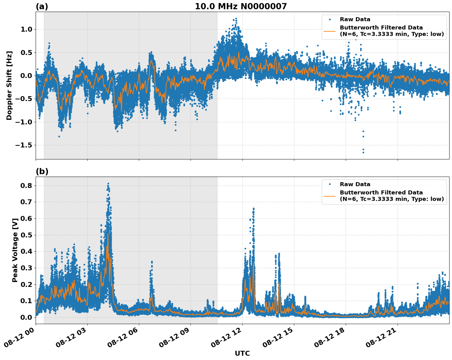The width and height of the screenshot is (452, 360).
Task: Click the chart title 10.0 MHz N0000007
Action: coord(241,6)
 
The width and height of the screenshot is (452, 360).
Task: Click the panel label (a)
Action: coord(42,6)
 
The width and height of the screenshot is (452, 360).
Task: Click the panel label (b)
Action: coord(42,171)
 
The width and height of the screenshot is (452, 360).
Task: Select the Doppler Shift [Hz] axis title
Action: coord(9,85)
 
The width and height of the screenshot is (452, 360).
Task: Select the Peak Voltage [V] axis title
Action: coord(15,250)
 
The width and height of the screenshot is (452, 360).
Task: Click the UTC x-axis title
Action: coord(242,353)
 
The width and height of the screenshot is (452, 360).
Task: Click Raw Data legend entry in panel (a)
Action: coord(355,19)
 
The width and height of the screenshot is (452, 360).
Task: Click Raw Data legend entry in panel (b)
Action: coord(355,184)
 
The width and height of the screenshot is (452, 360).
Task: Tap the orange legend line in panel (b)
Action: coord(330,196)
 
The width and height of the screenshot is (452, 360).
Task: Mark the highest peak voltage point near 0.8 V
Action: coord(108,184)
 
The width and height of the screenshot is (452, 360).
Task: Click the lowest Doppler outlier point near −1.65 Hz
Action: coord(363,152)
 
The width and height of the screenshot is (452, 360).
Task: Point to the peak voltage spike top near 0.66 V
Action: coord(254,209)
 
